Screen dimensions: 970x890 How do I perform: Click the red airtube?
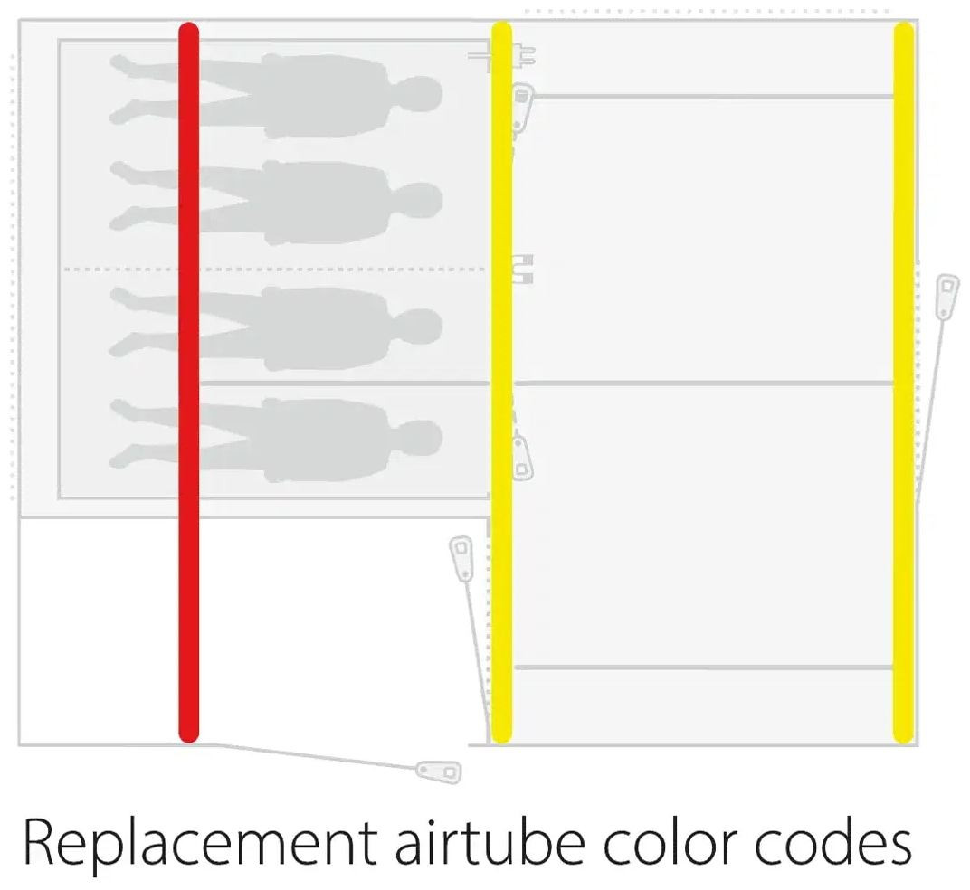coord(189,383)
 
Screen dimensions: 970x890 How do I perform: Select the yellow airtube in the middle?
coord(501,383)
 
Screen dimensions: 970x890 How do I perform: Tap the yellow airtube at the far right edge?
coord(904,383)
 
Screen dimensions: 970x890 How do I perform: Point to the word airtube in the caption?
coord(490,841)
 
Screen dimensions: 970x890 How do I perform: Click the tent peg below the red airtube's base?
coord(439,772)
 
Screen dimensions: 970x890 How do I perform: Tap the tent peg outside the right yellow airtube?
coord(946,298)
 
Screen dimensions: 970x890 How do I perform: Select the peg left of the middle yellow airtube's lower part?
coord(461,558)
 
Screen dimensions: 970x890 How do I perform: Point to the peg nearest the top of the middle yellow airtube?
coord(522,107)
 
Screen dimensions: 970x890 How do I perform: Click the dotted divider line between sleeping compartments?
coord(275,269)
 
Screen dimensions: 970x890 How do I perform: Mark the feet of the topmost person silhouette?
coord(127,90)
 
